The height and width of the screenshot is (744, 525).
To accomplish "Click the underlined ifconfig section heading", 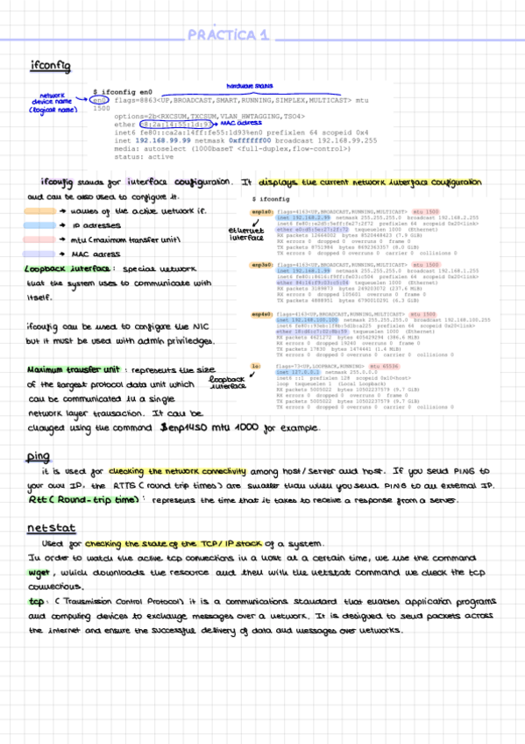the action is click(45, 67).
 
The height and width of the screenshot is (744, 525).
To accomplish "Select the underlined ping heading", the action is click(38, 456).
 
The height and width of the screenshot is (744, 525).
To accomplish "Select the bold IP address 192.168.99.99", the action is click(163, 140).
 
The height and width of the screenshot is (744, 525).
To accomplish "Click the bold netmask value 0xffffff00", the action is click(254, 140).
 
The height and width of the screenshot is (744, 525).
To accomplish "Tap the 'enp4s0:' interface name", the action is click(262, 313).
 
